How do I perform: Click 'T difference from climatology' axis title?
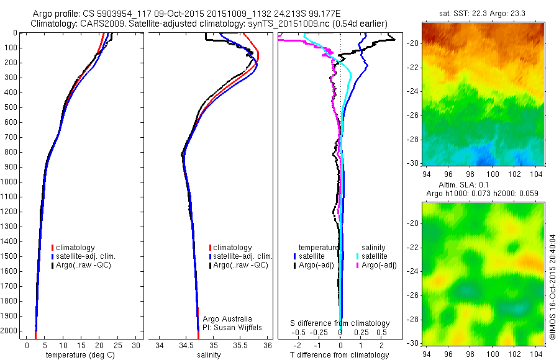[339, 355]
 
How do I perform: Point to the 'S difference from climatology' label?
[340, 323]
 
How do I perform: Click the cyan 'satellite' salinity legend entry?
[375, 256]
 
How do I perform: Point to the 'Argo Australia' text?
[228, 318]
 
